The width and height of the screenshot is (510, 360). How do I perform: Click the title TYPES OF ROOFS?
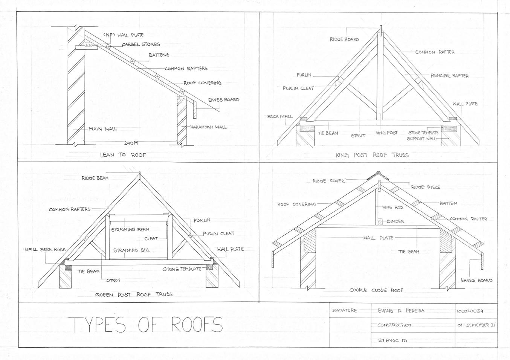147,324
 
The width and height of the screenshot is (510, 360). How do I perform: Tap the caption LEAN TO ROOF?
123,155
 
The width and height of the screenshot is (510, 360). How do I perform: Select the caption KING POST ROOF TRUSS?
372,155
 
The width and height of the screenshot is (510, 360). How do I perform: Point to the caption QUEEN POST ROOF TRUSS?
134,294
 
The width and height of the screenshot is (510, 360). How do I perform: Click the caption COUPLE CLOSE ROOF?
376,290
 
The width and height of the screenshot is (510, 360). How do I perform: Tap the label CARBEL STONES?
141,44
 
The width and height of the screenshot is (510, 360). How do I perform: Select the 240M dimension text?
131,143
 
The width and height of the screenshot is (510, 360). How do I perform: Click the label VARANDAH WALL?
208,127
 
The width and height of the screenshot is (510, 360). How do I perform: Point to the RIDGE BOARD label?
344,39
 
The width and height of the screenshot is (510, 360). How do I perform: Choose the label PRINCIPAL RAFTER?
450,76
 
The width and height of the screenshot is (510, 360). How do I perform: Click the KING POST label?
386,133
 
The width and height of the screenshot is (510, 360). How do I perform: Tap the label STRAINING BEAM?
130,229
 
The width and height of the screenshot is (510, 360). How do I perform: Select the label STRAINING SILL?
131,250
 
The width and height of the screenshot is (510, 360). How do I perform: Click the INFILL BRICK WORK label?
44,250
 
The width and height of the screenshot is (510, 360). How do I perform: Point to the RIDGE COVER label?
328,181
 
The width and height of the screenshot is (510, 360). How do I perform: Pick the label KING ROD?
392,207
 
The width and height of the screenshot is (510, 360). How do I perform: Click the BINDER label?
395,221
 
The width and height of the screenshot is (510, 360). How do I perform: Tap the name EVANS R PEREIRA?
401,311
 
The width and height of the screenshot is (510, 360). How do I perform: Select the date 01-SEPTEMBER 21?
476,325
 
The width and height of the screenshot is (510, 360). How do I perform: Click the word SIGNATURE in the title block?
344,311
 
